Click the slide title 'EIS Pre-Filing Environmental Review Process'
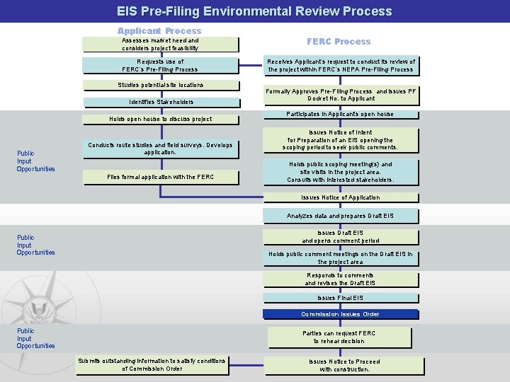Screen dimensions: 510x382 click(255, 11)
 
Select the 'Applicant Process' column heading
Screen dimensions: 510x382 click(159, 31)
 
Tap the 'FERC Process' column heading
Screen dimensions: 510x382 click(339, 42)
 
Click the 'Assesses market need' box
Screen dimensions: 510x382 click(160, 45)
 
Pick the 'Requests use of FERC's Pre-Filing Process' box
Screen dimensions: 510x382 click(160, 66)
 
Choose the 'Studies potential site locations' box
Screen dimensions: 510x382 click(160, 86)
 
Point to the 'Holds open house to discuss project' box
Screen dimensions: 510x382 click(160, 120)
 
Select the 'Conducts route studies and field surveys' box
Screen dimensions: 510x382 click(160, 149)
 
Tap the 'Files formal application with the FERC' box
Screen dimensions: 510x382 click(160, 177)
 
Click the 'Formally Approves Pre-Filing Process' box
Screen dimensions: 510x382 click(341, 95)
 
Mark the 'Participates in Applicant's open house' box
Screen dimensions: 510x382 click(340, 115)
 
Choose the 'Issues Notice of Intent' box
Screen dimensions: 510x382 click(340, 140)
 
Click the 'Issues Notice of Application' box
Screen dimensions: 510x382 click(340, 198)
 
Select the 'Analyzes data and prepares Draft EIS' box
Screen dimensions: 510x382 click(340, 216)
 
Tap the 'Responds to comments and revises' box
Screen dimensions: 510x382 click(340, 279)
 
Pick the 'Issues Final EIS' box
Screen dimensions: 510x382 click(340, 299)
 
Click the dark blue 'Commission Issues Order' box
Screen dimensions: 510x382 click(340, 314)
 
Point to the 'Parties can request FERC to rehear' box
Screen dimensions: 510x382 click(340, 337)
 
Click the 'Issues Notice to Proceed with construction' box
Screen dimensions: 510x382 click(344, 366)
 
